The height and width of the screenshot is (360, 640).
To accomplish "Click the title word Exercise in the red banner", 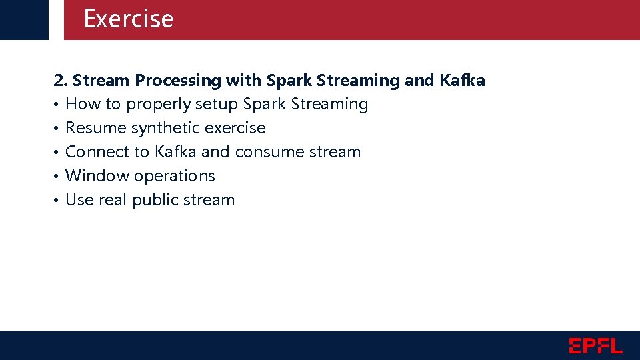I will [128, 19].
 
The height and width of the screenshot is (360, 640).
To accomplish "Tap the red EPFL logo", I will [595, 345].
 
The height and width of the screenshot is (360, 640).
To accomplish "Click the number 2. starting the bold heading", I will [61, 81].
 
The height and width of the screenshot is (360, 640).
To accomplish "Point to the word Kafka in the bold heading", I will [462, 81].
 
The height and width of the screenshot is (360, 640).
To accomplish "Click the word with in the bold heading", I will [243, 81].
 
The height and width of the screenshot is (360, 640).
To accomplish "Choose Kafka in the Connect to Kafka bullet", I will [175, 152].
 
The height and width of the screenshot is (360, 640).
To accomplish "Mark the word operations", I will [174, 176].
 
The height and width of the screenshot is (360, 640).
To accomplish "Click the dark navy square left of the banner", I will [24, 19].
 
